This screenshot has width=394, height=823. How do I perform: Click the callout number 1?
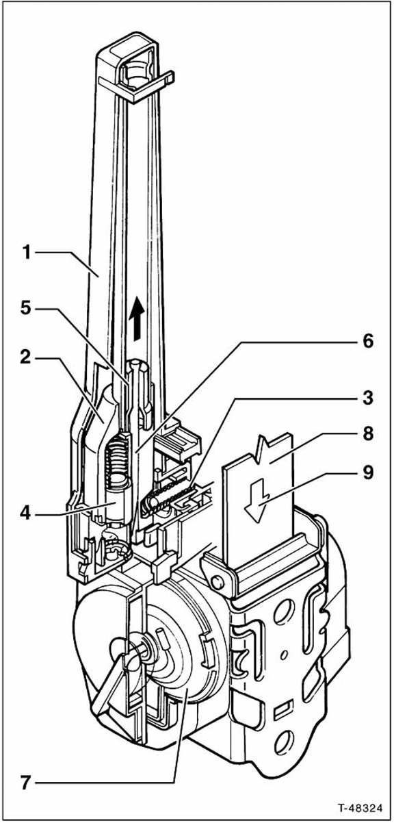[27, 253]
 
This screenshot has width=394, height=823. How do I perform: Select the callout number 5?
[26, 308]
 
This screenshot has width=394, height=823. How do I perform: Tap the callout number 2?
[26, 357]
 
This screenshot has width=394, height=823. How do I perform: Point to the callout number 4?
[26, 513]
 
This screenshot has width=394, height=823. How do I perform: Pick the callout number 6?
[367, 341]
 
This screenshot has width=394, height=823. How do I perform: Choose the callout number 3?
[367, 398]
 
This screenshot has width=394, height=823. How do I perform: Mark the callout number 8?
[367, 433]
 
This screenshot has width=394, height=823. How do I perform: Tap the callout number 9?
[367, 472]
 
